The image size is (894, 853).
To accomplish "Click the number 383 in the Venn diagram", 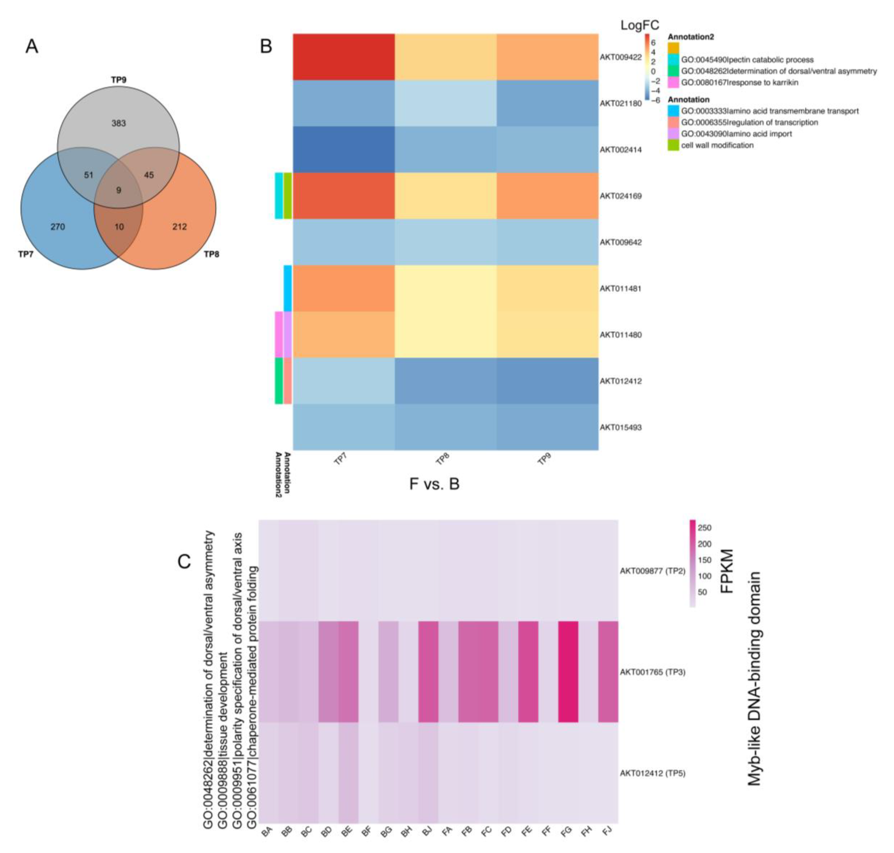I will [x=119, y=123].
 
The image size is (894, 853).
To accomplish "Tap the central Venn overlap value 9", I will [x=119, y=190].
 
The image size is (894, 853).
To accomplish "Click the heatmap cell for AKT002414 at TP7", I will [x=343, y=150].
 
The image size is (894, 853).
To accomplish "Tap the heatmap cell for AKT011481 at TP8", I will [x=445, y=288].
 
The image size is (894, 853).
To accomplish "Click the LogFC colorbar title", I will [x=640, y=25].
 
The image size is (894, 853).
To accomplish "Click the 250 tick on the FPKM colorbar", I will [x=704, y=528].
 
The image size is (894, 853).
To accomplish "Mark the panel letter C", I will [x=184, y=562].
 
